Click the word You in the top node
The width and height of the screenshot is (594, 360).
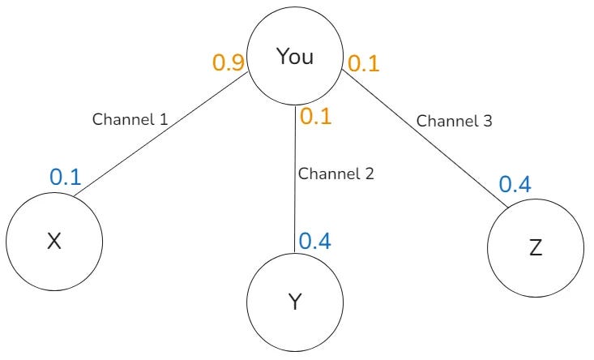pos(295,57)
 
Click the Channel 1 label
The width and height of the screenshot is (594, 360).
pos(130,119)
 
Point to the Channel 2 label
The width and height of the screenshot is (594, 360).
pos(335,174)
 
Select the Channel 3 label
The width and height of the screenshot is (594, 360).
pos(455,121)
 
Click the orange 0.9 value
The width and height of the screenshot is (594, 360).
pos(229,62)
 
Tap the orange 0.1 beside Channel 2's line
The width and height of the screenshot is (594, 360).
pos(316,116)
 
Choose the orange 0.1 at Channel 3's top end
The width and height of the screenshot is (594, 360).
pos(363,63)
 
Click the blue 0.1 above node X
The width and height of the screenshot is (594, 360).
pos(66,177)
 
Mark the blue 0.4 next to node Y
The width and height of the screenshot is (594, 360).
pos(315,241)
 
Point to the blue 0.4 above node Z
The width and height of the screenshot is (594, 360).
pos(515,185)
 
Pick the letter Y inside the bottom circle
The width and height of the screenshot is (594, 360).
pos(295,303)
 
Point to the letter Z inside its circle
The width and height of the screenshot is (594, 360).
pos(536,248)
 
